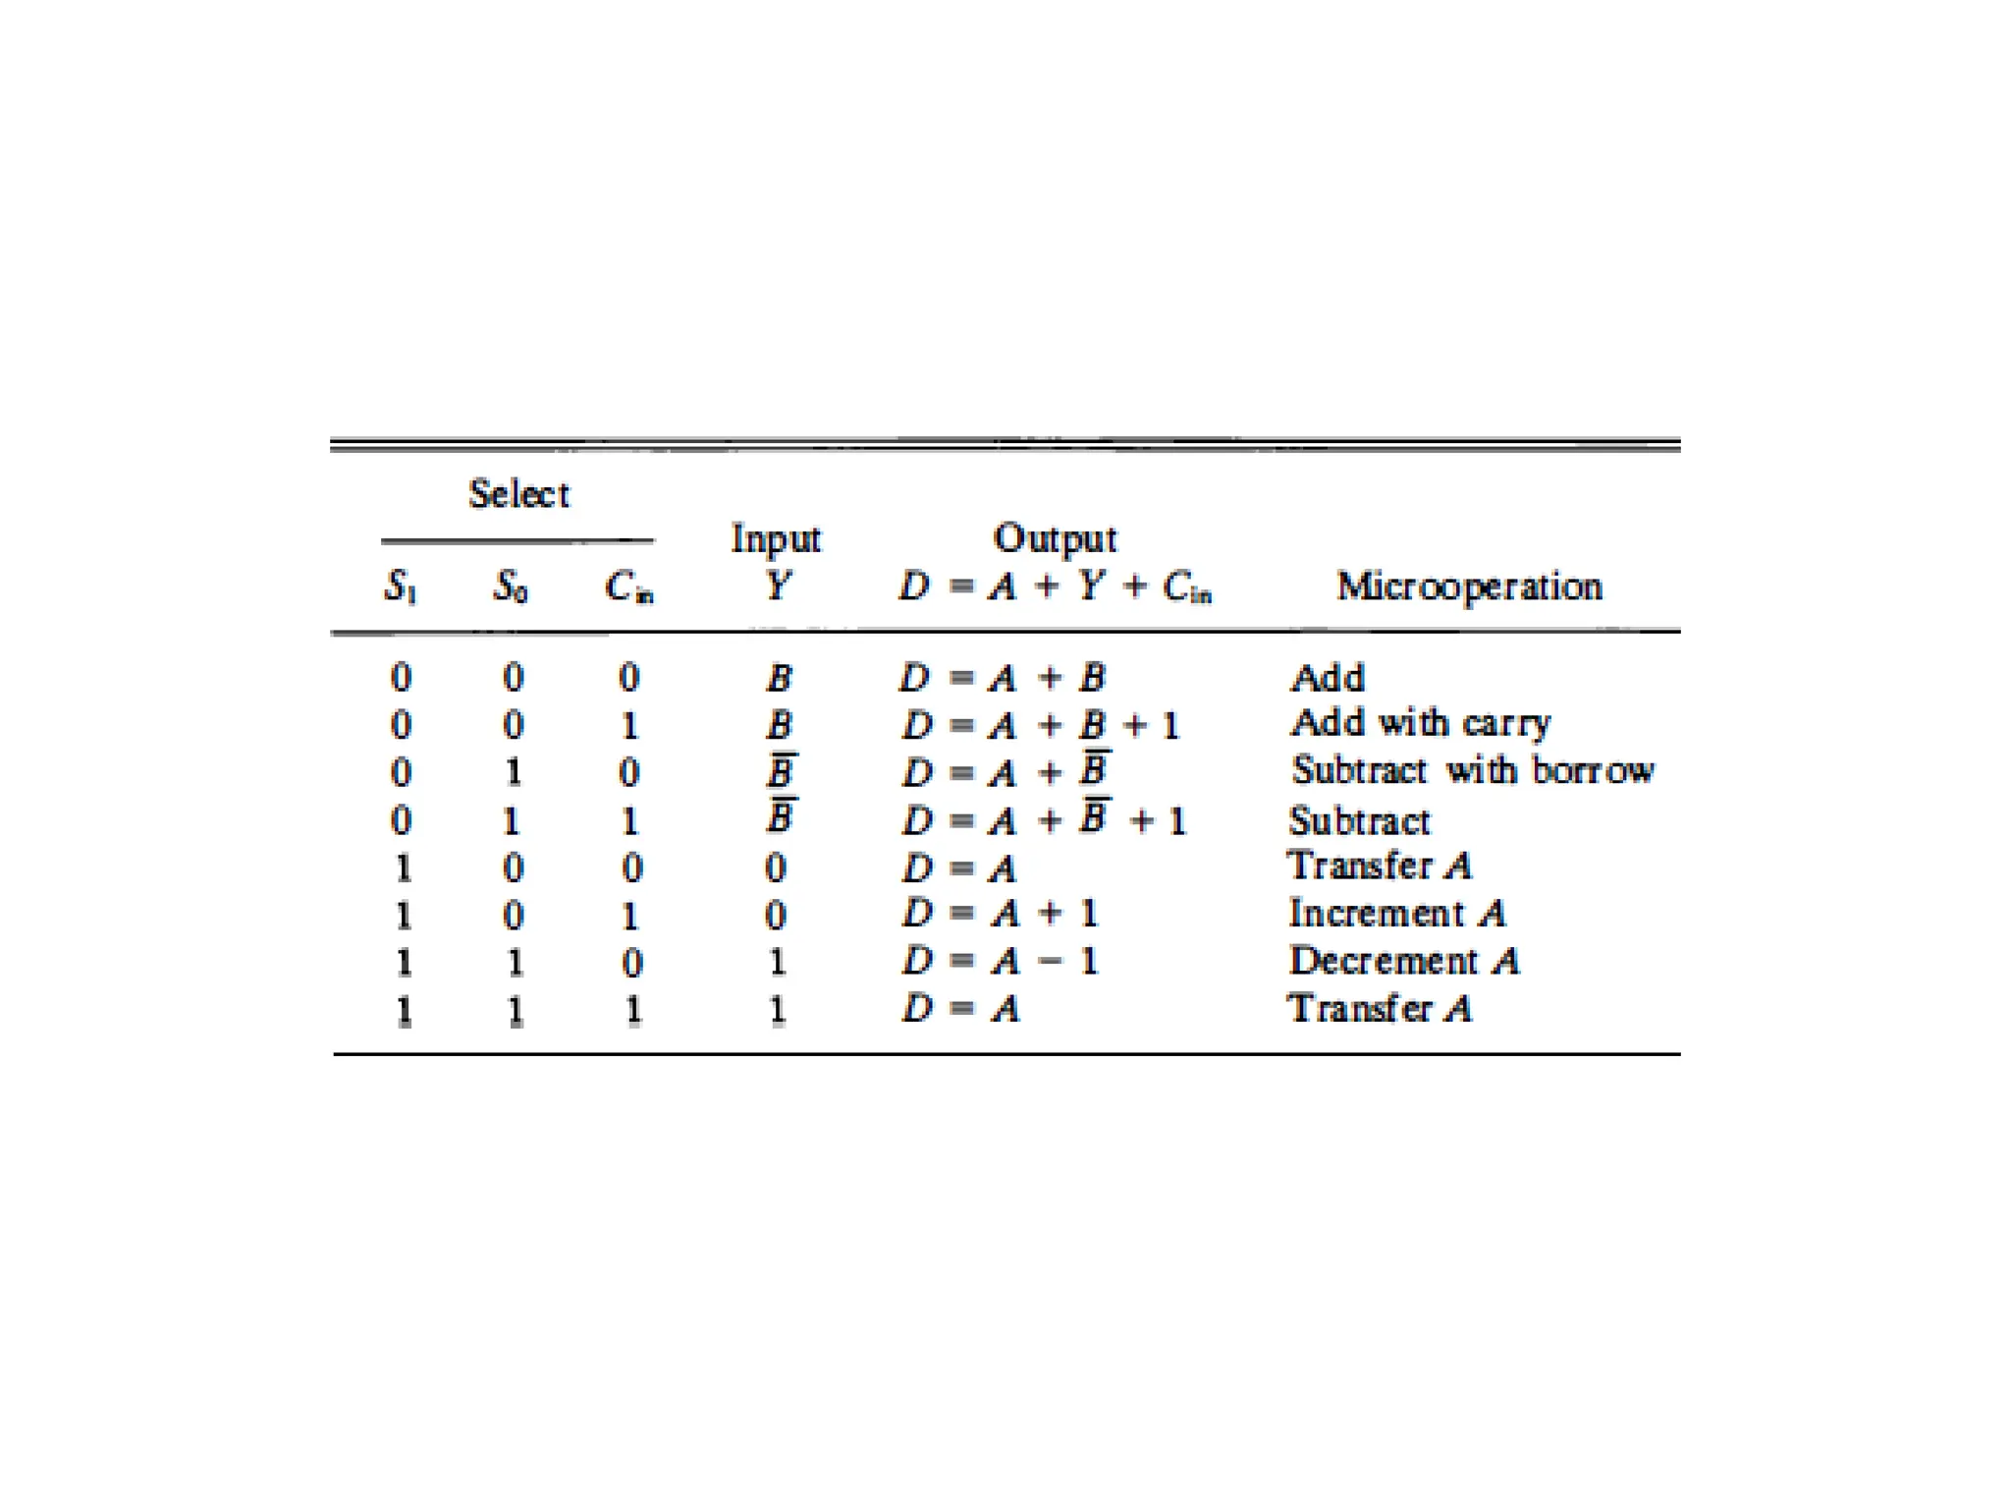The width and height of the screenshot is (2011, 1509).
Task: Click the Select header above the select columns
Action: (518, 493)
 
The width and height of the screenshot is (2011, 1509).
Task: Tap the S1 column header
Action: (400, 587)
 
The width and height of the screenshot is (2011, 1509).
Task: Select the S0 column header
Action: (511, 587)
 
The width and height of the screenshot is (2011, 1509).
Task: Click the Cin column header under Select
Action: (629, 587)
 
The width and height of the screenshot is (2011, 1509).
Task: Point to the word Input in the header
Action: (776, 538)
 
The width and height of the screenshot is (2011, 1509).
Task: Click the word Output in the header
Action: (1055, 538)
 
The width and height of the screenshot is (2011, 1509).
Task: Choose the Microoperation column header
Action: (1469, 587)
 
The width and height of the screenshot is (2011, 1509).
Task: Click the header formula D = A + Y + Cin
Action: (1055, 587)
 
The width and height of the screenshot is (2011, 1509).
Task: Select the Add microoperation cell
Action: (1328, 678)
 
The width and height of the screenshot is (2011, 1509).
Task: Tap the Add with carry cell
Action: (1421, 724)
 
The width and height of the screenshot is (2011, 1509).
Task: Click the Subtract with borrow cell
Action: (1472, 770)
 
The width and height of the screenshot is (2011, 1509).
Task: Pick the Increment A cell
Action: (1397, 914)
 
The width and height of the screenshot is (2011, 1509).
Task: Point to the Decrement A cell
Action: (1404, 961)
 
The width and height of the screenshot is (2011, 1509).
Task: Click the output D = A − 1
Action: (1000, 961)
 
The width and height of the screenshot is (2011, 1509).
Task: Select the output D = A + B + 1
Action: (1040, 726)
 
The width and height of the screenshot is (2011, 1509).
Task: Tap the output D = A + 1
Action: (1000, 914)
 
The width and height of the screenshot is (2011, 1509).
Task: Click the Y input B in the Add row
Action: (780, 678)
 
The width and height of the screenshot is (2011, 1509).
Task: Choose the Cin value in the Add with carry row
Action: (630, 726)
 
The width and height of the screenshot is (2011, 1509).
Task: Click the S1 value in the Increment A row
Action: (403, 915)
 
